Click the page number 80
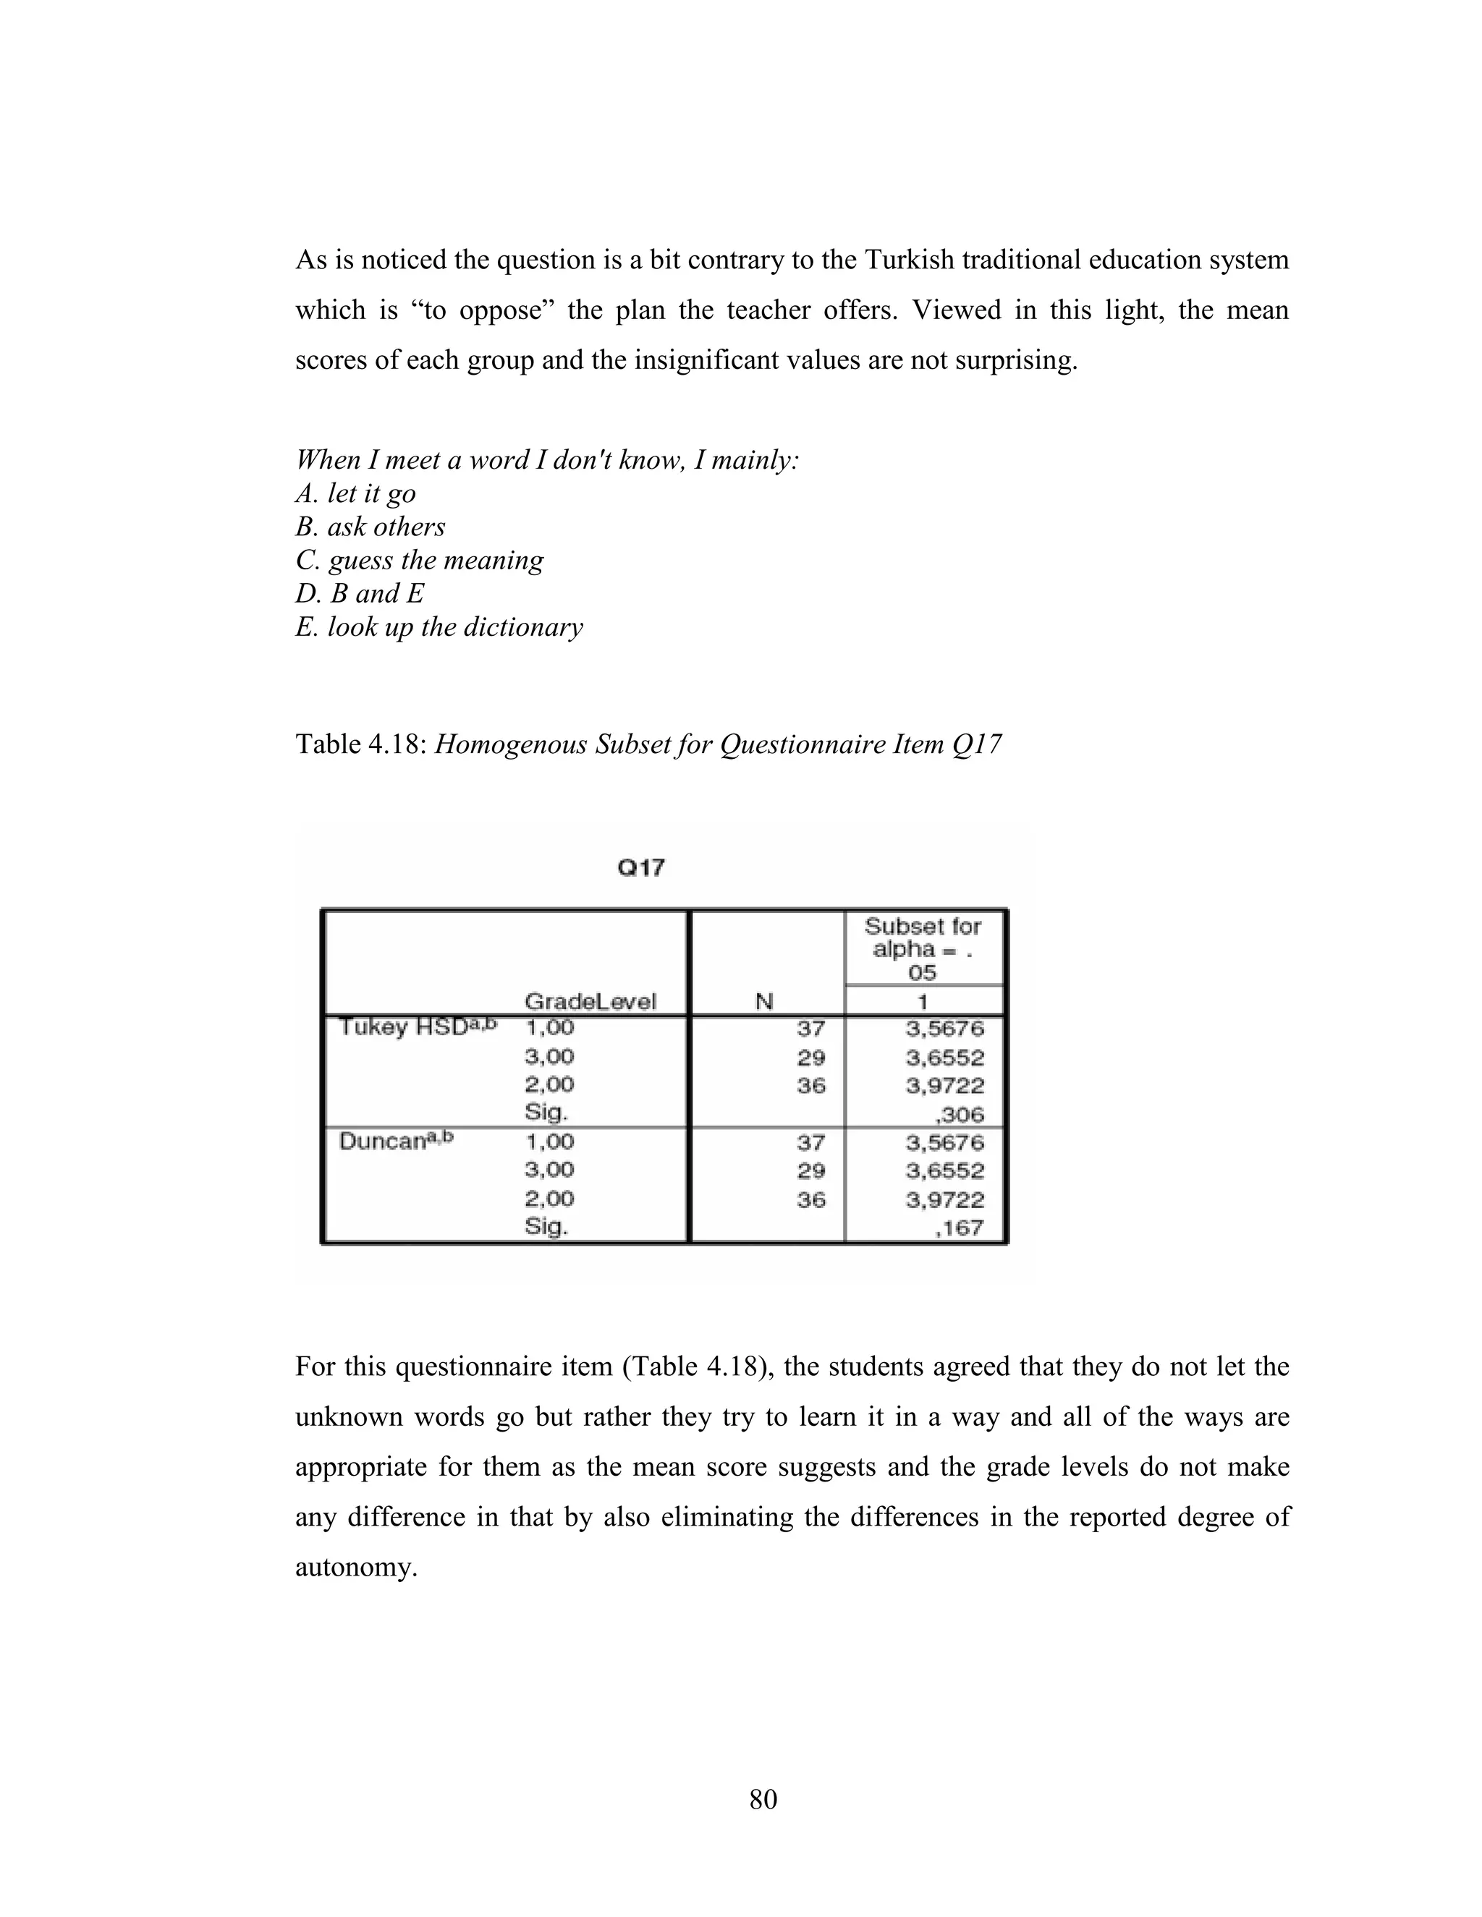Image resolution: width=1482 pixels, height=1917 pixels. pyautogui.click(x=763, y=1799)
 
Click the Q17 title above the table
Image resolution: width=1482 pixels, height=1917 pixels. pyautogui.click(x=641, y=868)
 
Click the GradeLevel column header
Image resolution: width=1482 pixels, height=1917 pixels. pyautogui.click(x=589, y=1001)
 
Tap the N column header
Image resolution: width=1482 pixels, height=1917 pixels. pyautogui.click(x=764, y=1001)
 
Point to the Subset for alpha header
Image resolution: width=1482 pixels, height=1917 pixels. pyautogui.click(x=923, y=949)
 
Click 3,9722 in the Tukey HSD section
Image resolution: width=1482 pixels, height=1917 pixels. pyautogui.click(x=944, y=1086)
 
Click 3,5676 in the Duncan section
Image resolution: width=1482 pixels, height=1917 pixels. pyautogui.click(x=944, y=1142)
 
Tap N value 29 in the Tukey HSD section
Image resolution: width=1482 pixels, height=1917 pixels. pyautogui.click(x=810, y=1057)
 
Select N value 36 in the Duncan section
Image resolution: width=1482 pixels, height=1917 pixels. pyautogui.click(x=810, y=1199)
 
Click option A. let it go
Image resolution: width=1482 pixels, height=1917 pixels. pyautogui.click(x=355, y=493)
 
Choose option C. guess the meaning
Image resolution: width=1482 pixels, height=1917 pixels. pyautogui.click(x=420, y=560)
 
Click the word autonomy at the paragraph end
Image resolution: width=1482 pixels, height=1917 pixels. pyautogui.click(x=355, y=1567)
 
